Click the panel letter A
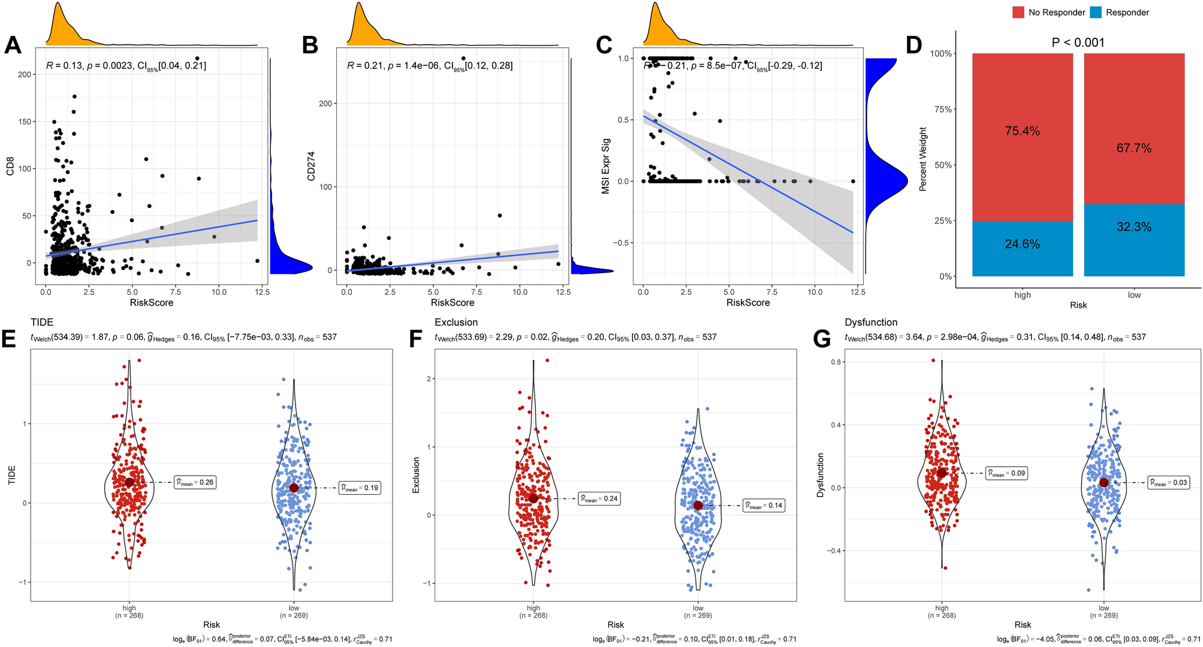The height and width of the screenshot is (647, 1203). [13, 46]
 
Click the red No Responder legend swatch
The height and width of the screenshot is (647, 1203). [1018, 13]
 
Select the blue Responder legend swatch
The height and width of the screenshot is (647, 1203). [1095, 13]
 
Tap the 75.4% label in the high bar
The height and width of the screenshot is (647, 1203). [1022, 131]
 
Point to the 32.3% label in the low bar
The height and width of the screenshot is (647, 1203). [1133, 226]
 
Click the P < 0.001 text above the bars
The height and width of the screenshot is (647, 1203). [1078, 43]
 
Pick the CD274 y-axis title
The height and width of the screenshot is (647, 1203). [311, 166]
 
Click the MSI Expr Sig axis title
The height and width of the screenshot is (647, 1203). [606, 166]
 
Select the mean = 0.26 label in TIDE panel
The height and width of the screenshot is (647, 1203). [195, 482]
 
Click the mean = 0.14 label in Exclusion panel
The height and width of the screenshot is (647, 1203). [763, 505]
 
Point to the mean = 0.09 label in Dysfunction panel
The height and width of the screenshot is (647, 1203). [1006, 473]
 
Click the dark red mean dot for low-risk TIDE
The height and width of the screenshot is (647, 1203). [294, 488]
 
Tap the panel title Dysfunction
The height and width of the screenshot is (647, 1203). [871, 322]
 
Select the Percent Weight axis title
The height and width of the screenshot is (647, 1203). [923, 159]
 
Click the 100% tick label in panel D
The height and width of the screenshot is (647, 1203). [940, 54]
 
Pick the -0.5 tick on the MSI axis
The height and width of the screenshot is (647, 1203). [622, 243]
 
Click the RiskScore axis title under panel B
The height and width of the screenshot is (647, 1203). [452, 303]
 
